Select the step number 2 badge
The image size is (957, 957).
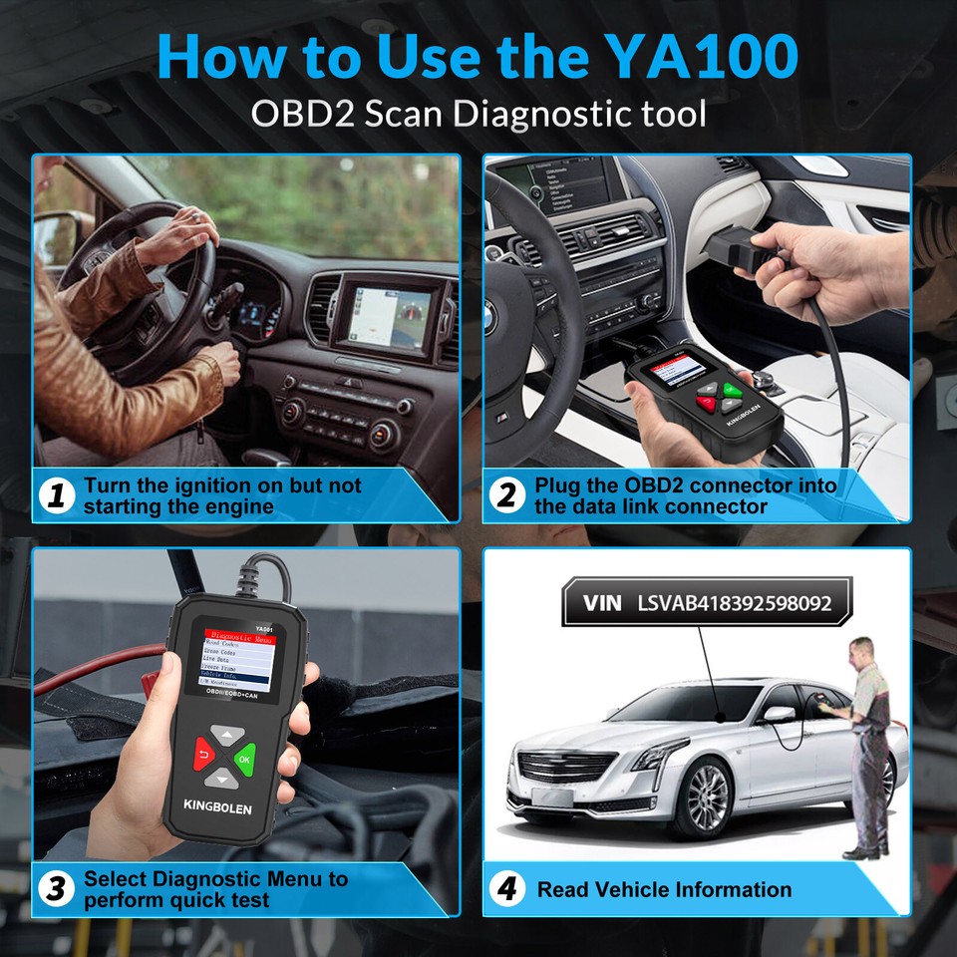[510, 495]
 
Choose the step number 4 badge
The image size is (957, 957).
[510, 889]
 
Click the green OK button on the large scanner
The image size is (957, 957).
[243, 759]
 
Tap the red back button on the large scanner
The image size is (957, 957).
[205, 755]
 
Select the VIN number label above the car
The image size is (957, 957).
[697, 603]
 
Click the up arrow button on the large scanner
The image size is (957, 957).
[228, 736]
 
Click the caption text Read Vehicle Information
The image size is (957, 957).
[664, 889]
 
